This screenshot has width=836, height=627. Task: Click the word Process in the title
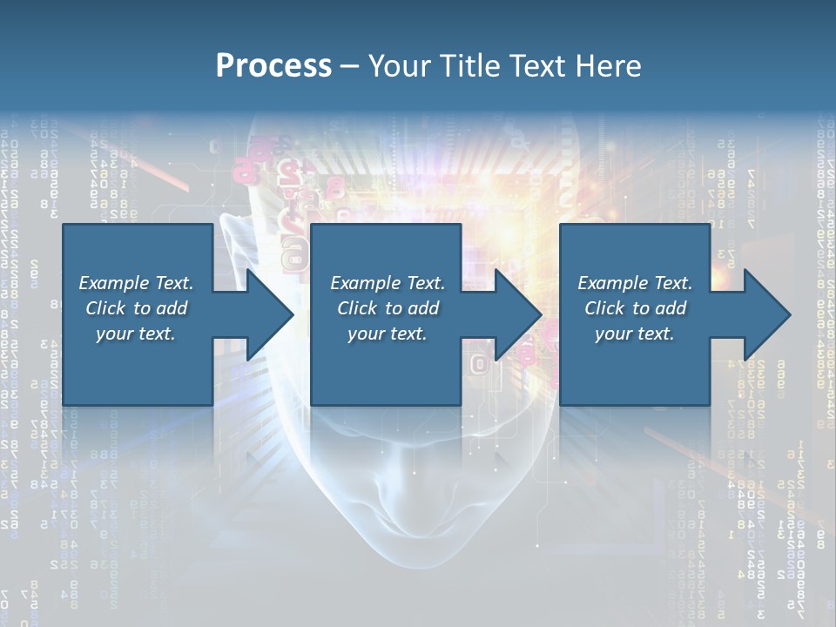click(273, 66)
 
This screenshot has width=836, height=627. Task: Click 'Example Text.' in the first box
click(136, 283)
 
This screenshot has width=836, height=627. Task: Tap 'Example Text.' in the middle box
click(388, 283)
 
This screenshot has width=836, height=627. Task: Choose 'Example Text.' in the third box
click(635, 283)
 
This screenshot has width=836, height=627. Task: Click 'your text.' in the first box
click(136, 334)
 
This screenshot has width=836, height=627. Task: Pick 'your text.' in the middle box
click(388, 334)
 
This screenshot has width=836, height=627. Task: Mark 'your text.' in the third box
click(635, 334)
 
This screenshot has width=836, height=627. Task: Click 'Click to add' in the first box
click(136, 308)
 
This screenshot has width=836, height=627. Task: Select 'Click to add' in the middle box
click(388, 308)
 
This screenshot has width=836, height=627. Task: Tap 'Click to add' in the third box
click(635, 308)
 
